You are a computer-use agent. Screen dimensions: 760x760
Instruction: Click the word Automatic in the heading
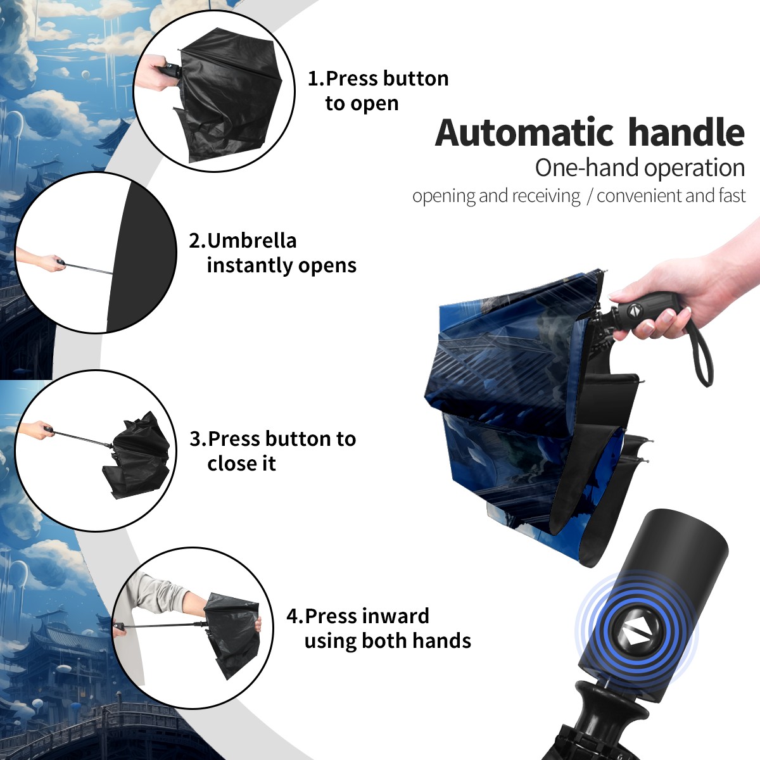coord(524,133)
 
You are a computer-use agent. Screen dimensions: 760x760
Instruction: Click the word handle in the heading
coord(687,132)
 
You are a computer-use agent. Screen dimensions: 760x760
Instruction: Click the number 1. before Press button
coord(316,79)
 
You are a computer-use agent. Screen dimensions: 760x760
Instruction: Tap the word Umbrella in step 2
coord(251,241)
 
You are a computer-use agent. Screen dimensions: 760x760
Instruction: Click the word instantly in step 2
coord(250,265)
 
